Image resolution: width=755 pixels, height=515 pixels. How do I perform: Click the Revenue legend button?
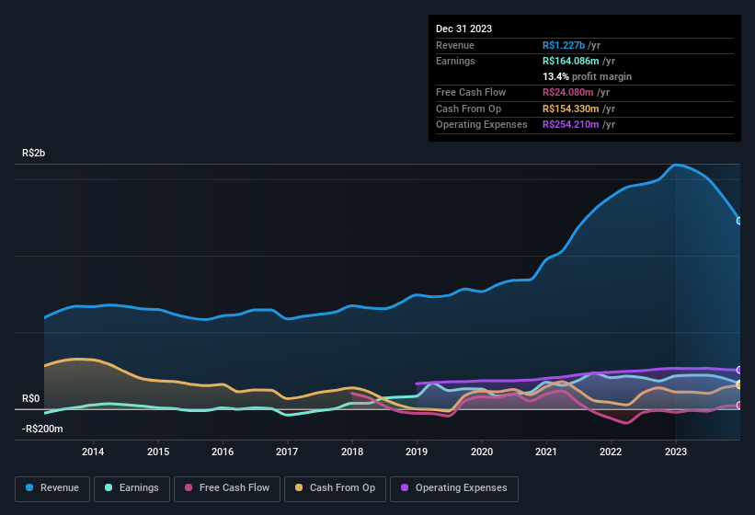tap(53, 488)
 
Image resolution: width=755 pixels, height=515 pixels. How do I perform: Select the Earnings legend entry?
tap(132, 488)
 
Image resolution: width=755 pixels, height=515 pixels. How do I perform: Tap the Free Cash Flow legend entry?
tap(226, 488)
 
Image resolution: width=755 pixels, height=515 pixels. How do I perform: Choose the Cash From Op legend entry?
tap(336, 488)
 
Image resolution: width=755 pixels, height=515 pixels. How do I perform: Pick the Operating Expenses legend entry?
tap(454, 488)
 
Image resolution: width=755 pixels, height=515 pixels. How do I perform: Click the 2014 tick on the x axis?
tap(93, 452)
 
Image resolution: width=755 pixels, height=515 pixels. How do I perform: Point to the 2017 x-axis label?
tap(287, 452)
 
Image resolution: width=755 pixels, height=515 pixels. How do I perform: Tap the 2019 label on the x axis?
tap(417, 452)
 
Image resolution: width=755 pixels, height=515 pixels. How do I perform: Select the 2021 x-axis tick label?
tap(546, 452)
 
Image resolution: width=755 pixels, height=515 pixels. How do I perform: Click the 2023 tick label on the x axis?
tap(676, 452)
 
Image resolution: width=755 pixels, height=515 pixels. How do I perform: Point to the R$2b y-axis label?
tap(33, 153)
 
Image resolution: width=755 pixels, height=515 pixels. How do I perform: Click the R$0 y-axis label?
tap(30, 398)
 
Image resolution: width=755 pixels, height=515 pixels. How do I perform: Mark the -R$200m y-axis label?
tap(43, 429)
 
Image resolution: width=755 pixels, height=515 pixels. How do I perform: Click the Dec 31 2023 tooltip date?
tap(463, 29)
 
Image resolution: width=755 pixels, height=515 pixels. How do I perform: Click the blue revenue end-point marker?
tap(739, 221)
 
